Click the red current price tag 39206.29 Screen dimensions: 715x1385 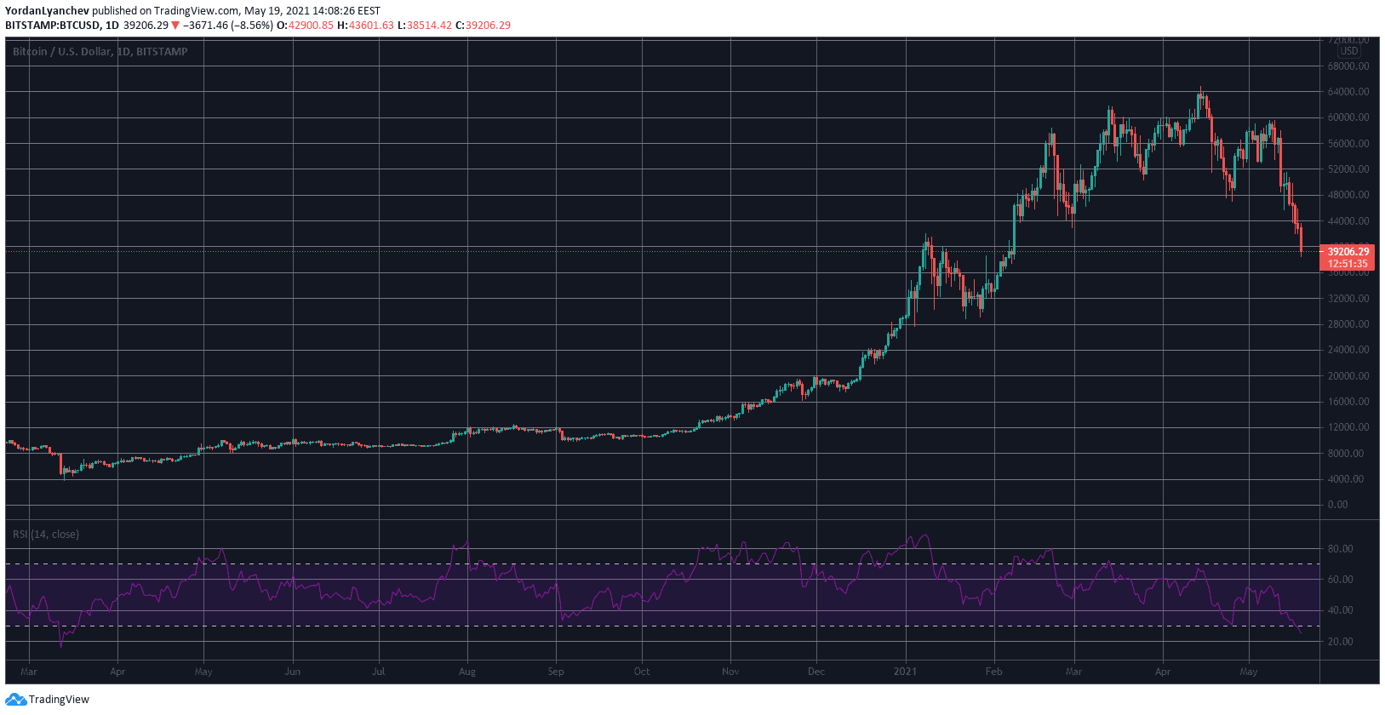coord(1348,251)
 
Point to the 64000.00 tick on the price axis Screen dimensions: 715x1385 coord(1348,92)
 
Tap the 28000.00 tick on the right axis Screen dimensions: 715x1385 coord(1348,324)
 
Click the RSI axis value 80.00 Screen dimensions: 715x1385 coord(1341,549)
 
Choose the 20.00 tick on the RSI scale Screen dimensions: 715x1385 coord(1341,642)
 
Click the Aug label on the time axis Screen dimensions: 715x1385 coord(466,672)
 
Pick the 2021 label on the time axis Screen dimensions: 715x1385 coord(905,672)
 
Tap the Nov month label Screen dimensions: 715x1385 coord(730,672)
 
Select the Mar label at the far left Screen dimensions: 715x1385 coord(29,672)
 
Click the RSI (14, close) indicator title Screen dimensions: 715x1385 coord(46,535)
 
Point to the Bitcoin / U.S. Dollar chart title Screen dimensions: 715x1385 coord(100,52)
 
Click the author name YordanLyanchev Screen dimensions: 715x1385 coord(47,11)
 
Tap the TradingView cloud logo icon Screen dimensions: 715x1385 coord(15,700)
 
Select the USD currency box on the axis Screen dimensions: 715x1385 coord(1349,51)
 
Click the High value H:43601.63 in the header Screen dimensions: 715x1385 coord(365,26)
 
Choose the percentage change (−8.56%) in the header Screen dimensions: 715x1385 coord(252,26)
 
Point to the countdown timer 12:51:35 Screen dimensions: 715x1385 coord(1348,264)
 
